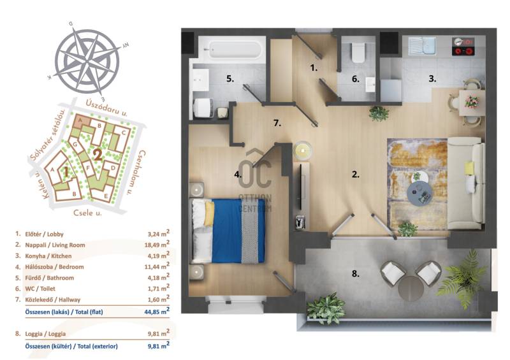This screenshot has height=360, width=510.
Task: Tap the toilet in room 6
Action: tap(358, 52)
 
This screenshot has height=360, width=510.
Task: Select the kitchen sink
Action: tap(422, 46)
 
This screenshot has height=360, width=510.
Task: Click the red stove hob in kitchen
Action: tap(463, 47)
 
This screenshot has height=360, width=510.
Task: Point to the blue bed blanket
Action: tap(238, 231)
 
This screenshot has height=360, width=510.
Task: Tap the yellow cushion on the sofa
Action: tap(469, 168)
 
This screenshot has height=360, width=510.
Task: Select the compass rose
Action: tap(87, 61)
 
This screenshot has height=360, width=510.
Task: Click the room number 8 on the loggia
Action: tap(356, 274)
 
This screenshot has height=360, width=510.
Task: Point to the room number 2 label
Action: tap(356, 175)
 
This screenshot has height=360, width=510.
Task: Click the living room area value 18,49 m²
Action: tap(157, 244)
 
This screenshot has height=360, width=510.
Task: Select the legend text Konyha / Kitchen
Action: tap(48, 256)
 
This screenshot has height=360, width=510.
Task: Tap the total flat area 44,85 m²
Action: tap(157, 311)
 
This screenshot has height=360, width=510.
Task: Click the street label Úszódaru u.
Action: tap(106, 108)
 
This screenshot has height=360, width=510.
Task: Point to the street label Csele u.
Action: tap(87, 213)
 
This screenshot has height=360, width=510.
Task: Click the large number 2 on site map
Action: tap(98, 155)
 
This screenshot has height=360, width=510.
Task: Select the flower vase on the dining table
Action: tap(472, 101)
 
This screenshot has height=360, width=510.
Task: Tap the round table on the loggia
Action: tap(411, 288)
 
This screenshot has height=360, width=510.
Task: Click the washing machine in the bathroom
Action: tap(204, 108)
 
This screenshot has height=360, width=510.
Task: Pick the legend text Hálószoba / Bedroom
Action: tap(55, 267)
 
